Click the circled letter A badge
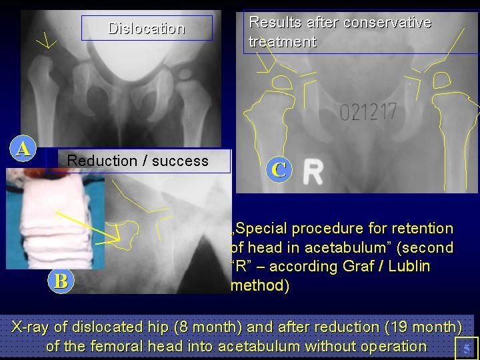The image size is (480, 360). [x=23, y=148]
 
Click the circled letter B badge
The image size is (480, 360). [x=61, y=281]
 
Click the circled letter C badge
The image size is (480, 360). [x=279, y=169]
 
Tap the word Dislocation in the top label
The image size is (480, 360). [x=147, y=29]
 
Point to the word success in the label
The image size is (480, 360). [x=180, y=161]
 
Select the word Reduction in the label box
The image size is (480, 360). [x=103, y=161]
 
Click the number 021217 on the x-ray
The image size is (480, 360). [x=368, y=111]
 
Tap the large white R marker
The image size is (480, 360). [x=313, y=173]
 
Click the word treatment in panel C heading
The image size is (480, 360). [x=283, y=41]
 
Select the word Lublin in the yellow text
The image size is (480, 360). [x=409, y=266]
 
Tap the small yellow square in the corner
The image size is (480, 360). [x=467, y=349]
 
